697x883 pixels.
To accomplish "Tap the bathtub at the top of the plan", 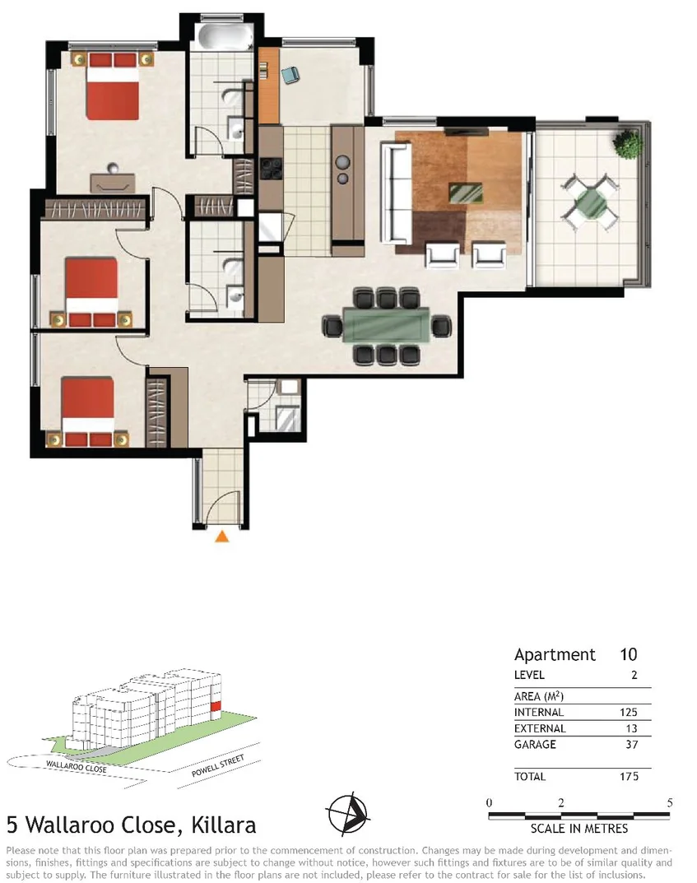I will coord(221,37).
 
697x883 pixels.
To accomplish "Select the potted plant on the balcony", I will coord(629,145).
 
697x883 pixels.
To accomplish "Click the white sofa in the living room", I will coord(397,191).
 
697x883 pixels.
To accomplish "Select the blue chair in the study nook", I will coord(288,76).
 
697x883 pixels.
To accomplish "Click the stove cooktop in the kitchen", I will coord(271,168).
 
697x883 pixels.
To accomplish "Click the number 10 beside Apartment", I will coord(628,655).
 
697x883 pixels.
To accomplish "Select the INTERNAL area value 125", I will coord(625,713).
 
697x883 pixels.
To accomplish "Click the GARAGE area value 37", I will coord(630,745).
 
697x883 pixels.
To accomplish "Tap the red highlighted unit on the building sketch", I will coord(216,705).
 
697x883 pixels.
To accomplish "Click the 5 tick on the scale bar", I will coord(669,802).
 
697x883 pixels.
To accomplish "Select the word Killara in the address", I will coord(223,825).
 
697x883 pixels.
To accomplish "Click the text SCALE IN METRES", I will coord(579,829).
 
